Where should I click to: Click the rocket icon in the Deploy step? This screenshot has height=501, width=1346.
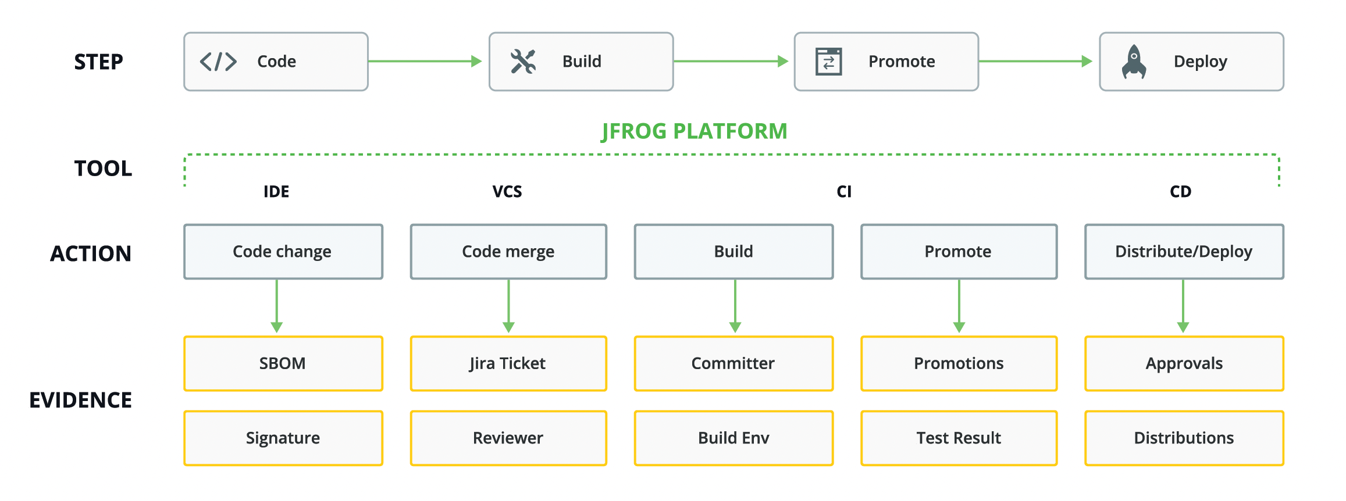pyautogui.click(x=1134, y=61)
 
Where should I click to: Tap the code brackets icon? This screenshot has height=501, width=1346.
pyautogui.click(x=218, y=61)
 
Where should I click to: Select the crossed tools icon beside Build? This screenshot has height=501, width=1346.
pyautogui.click(x=523, y=61)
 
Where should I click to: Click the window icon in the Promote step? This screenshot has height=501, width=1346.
pyautogui.click(x=828, y=61)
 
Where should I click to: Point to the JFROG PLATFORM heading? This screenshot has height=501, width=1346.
pyautogui.click(x=694, y=131)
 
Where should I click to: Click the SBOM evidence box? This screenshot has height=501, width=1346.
pyautogui.click(x=283, y=363)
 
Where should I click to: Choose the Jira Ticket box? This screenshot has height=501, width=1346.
pyautogui.click(x=508, y=363)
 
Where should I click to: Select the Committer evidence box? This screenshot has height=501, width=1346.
pyautogui.click(x=733, y=363)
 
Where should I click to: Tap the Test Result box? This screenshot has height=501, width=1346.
pyautogui.click(x=959, y=438)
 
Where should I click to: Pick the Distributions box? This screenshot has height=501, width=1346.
pyautogui.click(x=1184, y=438)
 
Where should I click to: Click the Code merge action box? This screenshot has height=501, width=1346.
pyautogui.click(x=508, y=252)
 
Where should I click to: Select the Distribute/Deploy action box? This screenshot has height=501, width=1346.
pyautogui.click(x=1184, y=252)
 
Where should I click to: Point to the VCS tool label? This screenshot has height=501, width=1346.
pyautogui.click(x=507, y=192)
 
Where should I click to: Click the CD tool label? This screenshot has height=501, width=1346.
pyautogui.click(x=1180, y=192)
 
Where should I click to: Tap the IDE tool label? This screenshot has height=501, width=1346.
pyautogui.click(x=276, y=192)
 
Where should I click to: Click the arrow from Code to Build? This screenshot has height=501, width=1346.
pyautogui.click(x=425, y=61)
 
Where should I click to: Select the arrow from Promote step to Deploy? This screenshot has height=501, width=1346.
pyautogui.click(x=1035, y=61)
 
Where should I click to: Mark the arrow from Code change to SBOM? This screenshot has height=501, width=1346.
pyautogui.click(x=277, y=306)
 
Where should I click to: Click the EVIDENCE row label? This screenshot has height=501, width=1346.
pyautogui.click(x=81, y=400)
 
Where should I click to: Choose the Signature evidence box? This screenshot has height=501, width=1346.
pyautogui.click(x=283, y=438)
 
